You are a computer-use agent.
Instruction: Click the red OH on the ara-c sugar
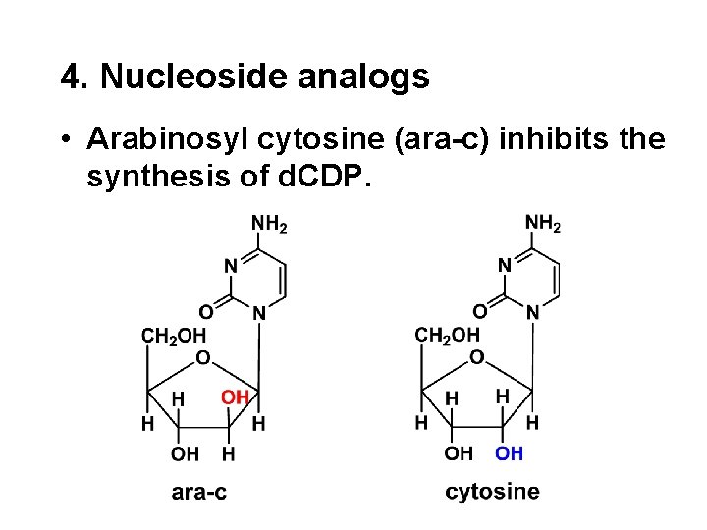pyautogui.click(x=235, y=397)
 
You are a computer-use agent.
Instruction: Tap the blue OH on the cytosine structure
pyautogui.click(x=509, y=453)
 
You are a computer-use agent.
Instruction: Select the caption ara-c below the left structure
pyautogui.click(x=198, y=492)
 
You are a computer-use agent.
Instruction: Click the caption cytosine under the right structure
pyautogui.click(x=492, y=492)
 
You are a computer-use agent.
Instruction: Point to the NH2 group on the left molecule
pyautogui.click(x=269, y=225)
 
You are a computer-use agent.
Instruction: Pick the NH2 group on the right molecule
pyautogui.click(x=543, y=224)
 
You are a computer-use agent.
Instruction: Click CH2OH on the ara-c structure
pyautogui.click(x=175, y=336)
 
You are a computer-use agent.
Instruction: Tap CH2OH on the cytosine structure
pyautogui.click(x=448, y=336)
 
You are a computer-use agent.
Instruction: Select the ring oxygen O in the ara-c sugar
pyautogui.click(x=202, y=358)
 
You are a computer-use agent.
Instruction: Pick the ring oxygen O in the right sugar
pyautogui.click(x=476, y=358)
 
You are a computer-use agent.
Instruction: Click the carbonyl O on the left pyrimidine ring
pyautogui.click(x=206, y=312)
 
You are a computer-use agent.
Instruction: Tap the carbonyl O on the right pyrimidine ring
pyautogui.click(x=479, y=311)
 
